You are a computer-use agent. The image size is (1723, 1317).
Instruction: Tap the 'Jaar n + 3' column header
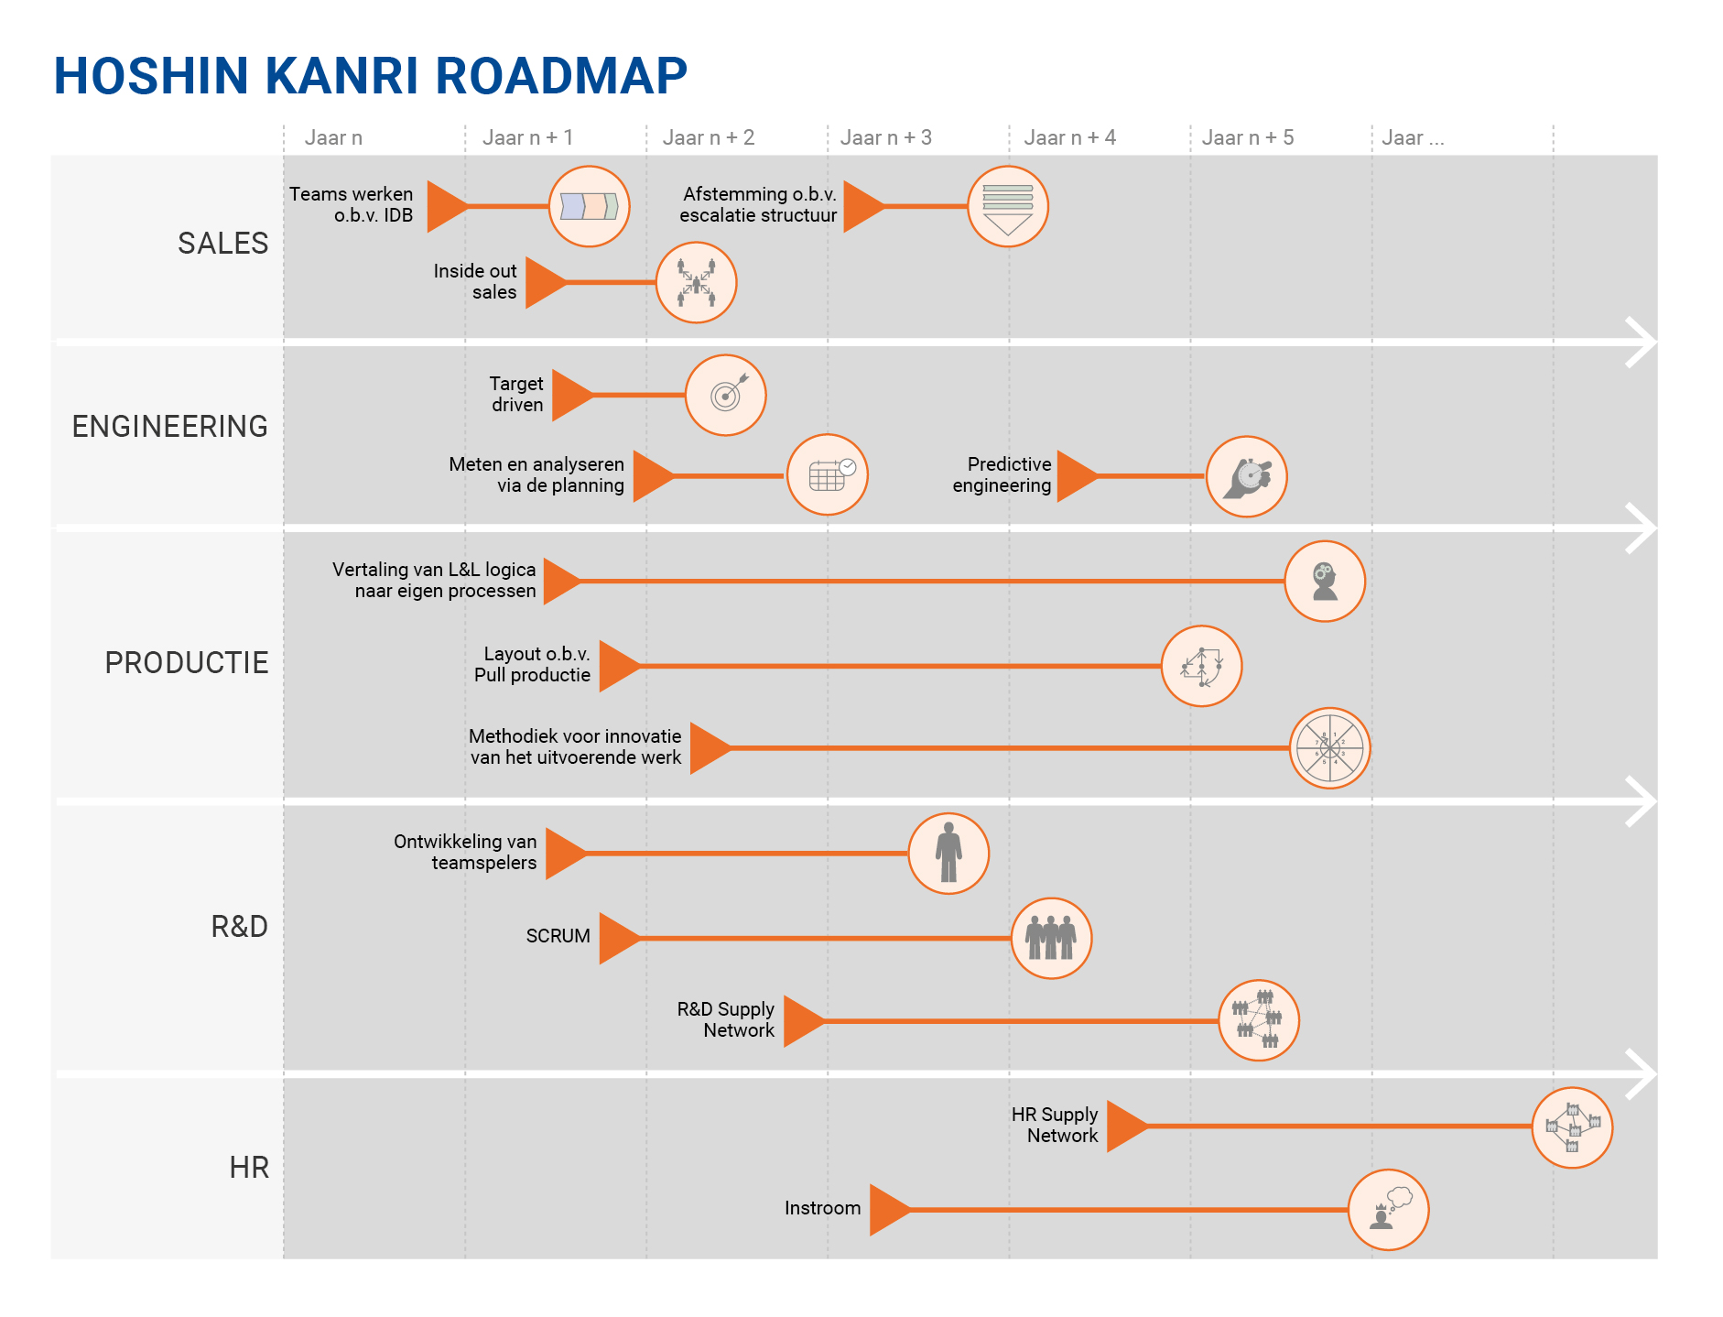click(885, 137)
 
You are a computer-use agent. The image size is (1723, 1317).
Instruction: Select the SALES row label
click(222, 244)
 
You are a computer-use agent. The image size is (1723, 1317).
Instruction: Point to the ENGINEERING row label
click(169, 427)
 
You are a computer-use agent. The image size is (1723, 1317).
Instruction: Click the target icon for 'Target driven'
click(726, 395)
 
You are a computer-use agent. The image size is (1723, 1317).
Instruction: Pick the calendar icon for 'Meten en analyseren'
click(828, 474)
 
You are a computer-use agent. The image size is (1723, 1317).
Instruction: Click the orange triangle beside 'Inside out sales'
click(544, 283)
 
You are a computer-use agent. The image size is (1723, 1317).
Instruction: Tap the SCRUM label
click(558, 936)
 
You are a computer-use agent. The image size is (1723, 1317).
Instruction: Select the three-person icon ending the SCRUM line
click(1051, 938)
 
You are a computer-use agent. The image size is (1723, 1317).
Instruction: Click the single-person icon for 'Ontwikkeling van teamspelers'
click(948, 853)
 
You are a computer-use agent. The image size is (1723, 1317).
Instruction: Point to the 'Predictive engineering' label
click(1002, 474)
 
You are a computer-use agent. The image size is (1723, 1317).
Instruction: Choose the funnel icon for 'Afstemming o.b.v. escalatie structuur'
click(1008, 207)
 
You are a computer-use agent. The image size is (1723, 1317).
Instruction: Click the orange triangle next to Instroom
click(887, 1210)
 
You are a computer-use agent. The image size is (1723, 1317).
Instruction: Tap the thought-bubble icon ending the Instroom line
click(1388, 1210)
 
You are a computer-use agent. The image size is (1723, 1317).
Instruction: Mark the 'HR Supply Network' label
click(1055, 1125)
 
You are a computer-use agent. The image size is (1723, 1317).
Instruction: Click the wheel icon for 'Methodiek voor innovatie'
click(1329, 748)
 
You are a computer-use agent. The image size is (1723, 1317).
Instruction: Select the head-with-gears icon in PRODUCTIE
click(1325, 582)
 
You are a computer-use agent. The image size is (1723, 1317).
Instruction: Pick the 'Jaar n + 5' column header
click(1247, 137)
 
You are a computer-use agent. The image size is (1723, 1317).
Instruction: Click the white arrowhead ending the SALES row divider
click(1641, 343)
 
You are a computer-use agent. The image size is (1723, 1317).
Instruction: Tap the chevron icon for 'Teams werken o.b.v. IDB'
click(589, 207)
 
